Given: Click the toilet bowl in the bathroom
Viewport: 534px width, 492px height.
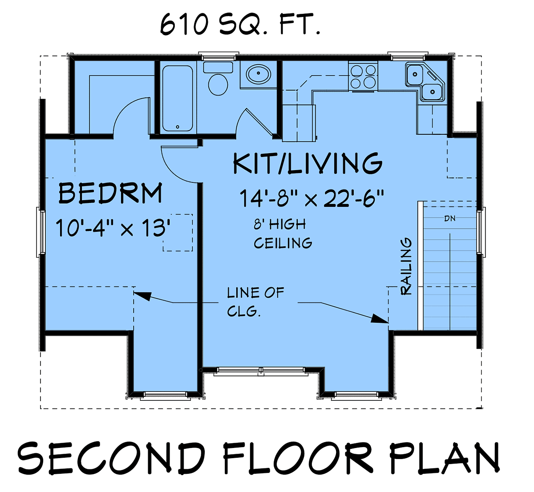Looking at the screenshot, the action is (x=218, y=85).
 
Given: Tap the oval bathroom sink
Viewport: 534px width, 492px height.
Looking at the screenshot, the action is (x=258, y=73).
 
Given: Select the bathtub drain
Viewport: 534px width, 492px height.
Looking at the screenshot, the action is (x=178, y=127).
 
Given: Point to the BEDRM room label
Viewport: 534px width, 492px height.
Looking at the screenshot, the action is (x=110, y=193).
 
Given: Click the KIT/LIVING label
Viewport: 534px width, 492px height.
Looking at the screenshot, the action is (x=308, y=163).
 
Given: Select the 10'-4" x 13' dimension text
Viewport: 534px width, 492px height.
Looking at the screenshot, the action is (x=113, y=228).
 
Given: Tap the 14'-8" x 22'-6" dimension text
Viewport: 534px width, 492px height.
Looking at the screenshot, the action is (x=311, y=198).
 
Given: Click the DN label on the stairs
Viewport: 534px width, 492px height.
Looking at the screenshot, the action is (x=450, y=218).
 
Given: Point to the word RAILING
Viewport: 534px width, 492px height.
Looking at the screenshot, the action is (x=406, y=266).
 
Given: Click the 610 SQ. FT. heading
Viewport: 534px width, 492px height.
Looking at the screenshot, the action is (x=240, y=25).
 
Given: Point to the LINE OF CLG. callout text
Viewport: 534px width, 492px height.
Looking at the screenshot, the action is (x=255, y=302).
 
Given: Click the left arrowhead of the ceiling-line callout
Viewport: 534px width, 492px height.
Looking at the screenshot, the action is (x=142, y=296).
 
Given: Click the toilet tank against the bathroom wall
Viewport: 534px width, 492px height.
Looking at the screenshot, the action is (x=218, y=67).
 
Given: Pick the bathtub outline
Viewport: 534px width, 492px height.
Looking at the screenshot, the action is (x=178, y=98).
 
